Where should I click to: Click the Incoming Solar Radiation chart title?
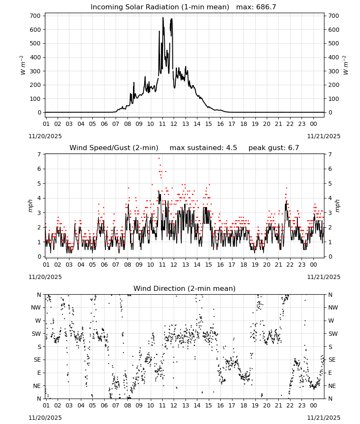[x=160, y=7]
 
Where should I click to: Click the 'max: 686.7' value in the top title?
[x=256, y=7]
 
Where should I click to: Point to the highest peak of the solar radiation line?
[x=163, y=18]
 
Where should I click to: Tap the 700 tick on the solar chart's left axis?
[x=35, y=16]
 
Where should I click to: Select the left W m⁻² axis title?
[x=23, y=65]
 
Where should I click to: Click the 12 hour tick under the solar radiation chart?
[x=174, y=124]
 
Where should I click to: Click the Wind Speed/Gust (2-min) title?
[x=114, y=148]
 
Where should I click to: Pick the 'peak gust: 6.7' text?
[x=274, y=148]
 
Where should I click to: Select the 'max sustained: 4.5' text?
[x=203, y=148]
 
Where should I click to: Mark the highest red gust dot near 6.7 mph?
[x=159, y=159]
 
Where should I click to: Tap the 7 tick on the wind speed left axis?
[x=39, y=154]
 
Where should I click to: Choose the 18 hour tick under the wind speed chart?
[x=244, y=265]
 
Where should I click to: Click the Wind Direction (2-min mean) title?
[x=185, y=288]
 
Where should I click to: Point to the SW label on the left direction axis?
[x=36, y=334]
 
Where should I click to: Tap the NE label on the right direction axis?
[x=332, y=386]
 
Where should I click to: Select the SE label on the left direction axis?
[x=37, y=360]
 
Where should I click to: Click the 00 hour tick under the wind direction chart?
[x=313, y=406]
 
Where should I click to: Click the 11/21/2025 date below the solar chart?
[x=324, y=136]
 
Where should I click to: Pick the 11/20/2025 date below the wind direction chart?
[x=45, y=418]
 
